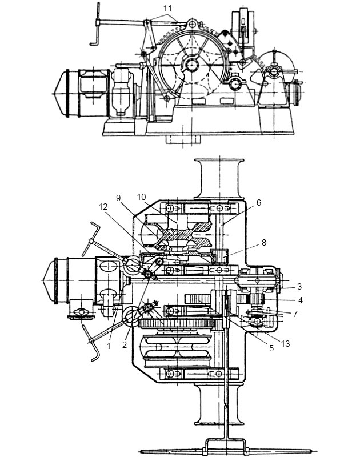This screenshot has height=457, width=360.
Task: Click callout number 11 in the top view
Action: [167, 8]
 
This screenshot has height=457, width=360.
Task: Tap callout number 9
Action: [118, 198]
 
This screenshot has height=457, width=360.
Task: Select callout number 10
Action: [141, 197]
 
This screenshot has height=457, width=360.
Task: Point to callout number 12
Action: [103, 207]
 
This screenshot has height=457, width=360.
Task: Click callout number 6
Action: [259, 203]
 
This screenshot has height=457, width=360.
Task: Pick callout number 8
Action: [264, 242]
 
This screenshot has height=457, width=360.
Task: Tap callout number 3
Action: [299, 287]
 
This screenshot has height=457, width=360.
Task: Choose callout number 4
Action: [301, 300]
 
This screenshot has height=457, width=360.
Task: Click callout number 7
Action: [295, 314]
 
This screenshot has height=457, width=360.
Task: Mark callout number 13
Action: [285, 344]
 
